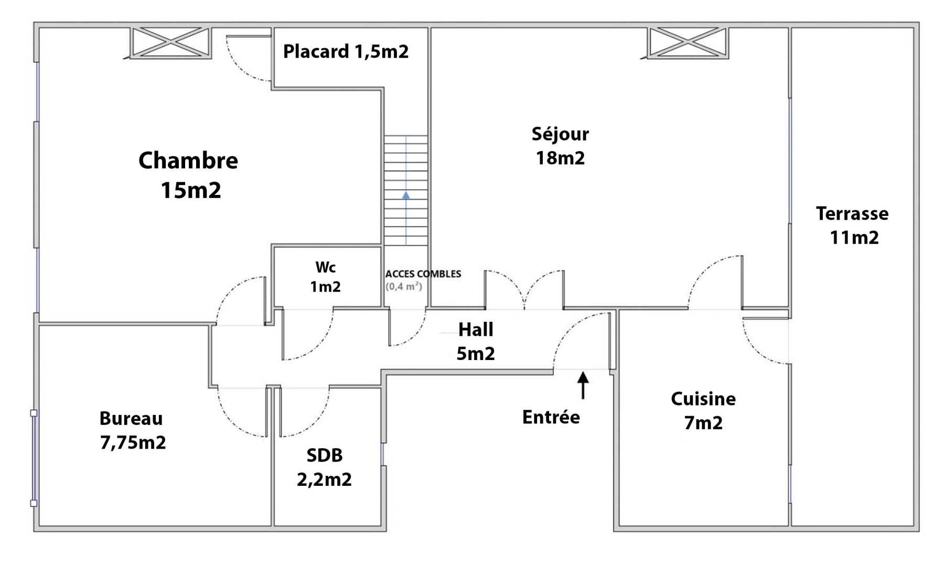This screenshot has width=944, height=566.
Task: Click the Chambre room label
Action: point(188,160)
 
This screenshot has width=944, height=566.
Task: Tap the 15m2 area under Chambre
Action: point(191,190)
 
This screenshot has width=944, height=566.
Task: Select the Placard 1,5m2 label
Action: point(346,51)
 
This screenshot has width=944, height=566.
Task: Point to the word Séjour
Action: point(560,134)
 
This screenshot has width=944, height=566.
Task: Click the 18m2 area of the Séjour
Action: point(560,158)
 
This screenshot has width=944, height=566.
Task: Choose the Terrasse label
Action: point(852,213)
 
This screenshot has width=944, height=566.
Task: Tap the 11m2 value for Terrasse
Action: point(854,237)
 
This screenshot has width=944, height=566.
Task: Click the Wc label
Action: point(325,267)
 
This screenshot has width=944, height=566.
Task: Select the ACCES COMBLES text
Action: point(423,274)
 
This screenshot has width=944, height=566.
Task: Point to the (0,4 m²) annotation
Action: point(404,286)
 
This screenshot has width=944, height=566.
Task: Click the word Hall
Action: point(476,330)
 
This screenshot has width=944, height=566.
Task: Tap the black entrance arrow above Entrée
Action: point(583,385)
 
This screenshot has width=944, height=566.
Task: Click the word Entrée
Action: point(551,417)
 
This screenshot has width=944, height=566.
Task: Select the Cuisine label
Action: point(703,399)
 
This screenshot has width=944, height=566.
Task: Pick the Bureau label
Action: point(131,418)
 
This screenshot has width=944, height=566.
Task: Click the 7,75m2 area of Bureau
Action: point(133,442)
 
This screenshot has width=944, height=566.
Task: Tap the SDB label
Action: point(325,455)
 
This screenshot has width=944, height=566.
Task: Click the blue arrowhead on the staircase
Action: point(406,195)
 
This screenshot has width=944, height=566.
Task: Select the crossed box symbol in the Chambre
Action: point(170,42)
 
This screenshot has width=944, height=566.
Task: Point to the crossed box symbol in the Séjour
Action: point(688,42)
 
